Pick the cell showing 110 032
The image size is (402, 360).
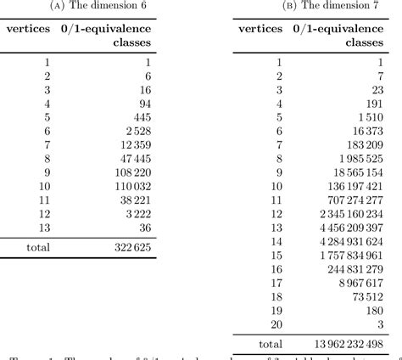tap(131, 186)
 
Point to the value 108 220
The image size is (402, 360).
tap(131, 171)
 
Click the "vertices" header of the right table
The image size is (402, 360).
tap(260, 29)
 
